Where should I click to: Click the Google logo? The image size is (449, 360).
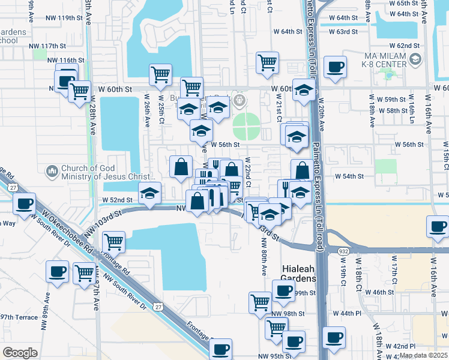click(x=20, y=352)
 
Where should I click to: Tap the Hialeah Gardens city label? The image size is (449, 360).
click(x=298, y=274)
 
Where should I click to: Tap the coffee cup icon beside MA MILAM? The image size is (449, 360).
click(x=335, y=67)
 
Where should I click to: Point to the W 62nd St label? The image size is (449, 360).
click(x=404, y=46)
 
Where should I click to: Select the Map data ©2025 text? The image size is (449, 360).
click(x=423, y=355)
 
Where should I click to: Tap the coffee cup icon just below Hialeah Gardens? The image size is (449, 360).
click(x=283, y=291)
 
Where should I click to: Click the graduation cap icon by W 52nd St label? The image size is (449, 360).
click(x=150, y=193)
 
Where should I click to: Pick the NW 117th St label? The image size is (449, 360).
click(x=46, y=46)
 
